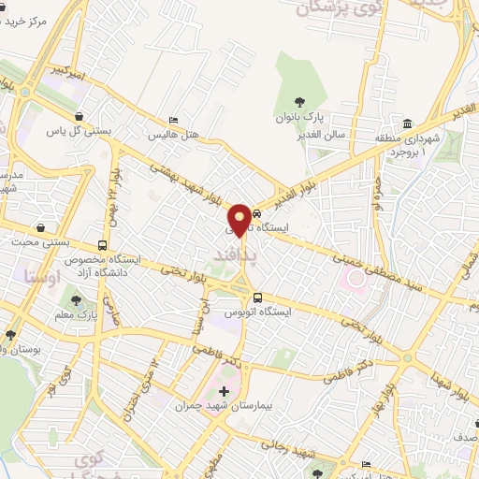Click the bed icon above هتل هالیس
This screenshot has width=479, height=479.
(x=173, y=121)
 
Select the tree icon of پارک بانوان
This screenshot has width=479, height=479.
(x=298, y=102)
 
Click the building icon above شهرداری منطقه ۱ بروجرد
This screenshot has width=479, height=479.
(x=408, y=123)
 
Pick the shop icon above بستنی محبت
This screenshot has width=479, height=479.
(x=40, y=227)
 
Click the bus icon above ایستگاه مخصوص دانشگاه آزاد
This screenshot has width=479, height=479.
(x=101, y=245)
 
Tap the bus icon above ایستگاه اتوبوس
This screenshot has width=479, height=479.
(x=244, y=298)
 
